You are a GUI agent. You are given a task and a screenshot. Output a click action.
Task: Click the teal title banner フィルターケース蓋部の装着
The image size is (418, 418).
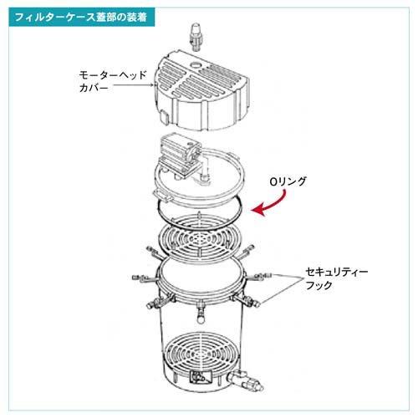pyautogui.click(x=81, y=18)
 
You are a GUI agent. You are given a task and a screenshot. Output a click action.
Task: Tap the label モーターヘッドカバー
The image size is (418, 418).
pyautogui.click(x=113, y=81)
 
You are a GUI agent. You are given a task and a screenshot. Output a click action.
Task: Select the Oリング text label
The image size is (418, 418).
pyautogui.click(x=288, y=181)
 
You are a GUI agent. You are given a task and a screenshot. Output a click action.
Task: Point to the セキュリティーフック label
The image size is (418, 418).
pyautogui.click(x=337, y=278)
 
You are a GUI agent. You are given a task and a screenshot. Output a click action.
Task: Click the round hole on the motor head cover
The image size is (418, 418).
pyautogui.click(x=196, y=66)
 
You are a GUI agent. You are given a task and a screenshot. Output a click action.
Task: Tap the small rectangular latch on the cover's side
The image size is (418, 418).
pyautogui.click(x=164, y=118)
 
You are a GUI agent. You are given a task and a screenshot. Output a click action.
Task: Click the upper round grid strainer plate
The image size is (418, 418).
pyautogui.click(x=199, y=238)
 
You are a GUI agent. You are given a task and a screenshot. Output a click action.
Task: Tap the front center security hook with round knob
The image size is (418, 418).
pyautogui.click(x=201, y=313)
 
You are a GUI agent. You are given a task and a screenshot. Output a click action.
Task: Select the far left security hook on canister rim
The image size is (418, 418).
pyautogui.click(x=145, y=278)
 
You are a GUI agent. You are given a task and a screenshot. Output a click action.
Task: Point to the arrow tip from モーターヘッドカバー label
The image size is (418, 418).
pyautogui.click(x=154, y=84)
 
